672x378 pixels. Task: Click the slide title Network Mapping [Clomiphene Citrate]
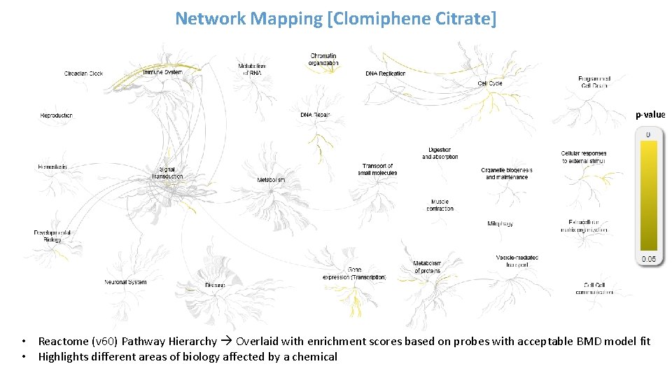coord(335,18)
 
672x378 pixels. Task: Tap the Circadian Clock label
coord(83,73)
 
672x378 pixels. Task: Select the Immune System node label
coord(162,72)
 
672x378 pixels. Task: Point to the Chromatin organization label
coord(323,59)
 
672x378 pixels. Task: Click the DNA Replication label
coord(385,73)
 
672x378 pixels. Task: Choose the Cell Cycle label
coord(490,83)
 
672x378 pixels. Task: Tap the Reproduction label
coord(56,115)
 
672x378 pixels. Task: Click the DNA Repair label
coord(315,115)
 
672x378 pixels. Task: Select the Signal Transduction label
coord(167,173)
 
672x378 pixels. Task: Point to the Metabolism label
coord(271,180)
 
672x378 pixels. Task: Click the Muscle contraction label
coord(440,204)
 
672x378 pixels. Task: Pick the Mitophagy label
coord(500,224)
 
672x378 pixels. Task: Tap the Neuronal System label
coord(126,282)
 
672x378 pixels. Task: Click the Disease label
coord(216,285)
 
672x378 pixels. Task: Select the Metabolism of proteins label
coord(427,267)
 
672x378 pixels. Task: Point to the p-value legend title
coord(650,115)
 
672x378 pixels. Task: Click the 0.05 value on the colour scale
coord(649,259)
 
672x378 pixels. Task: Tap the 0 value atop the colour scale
coord(648,134)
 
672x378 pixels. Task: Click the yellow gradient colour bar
coord(649,195)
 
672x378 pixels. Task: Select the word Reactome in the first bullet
coord(63,342)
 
